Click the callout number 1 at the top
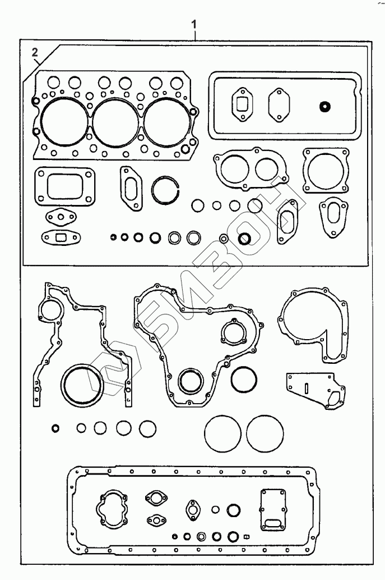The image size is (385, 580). pyautogui.click(x=194, y=25)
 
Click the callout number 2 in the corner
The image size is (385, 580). pyautogui.click(x=35, y=53)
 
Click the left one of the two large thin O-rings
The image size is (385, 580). pyautogui.click(x=222, y=432)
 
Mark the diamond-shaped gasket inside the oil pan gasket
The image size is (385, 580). pyautogui.click(x=193, y=511)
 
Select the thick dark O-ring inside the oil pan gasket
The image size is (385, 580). pyautogui.click(x=234, y=510)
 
